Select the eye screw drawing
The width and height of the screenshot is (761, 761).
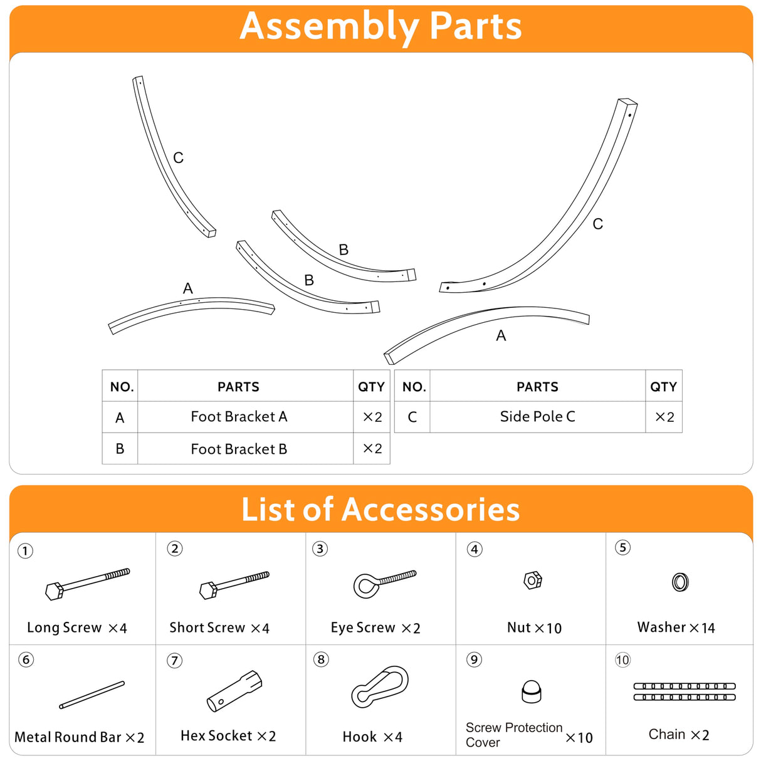(384, 583)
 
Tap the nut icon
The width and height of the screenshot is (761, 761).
(532, 580)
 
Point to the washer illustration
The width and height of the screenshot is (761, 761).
(680, 582)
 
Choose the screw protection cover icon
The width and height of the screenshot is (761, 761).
(531, 691)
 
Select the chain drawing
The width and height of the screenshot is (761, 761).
(684, 691)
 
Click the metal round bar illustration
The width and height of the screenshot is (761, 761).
(92, 695)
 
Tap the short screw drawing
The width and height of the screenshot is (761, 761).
(234, 584)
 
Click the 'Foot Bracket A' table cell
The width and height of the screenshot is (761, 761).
(239, 417)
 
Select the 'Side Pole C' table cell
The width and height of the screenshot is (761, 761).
(537, 417)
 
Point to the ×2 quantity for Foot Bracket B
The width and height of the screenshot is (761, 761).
(372, 449)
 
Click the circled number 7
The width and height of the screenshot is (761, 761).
(175, 661)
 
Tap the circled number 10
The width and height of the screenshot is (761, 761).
(622, 660)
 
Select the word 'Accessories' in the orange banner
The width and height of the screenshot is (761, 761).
(431, 509)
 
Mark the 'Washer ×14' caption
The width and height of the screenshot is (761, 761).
(676, 627)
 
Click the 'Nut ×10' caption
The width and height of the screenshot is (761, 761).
(534, 627)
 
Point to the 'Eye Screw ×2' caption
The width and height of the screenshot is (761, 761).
(375, 627)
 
